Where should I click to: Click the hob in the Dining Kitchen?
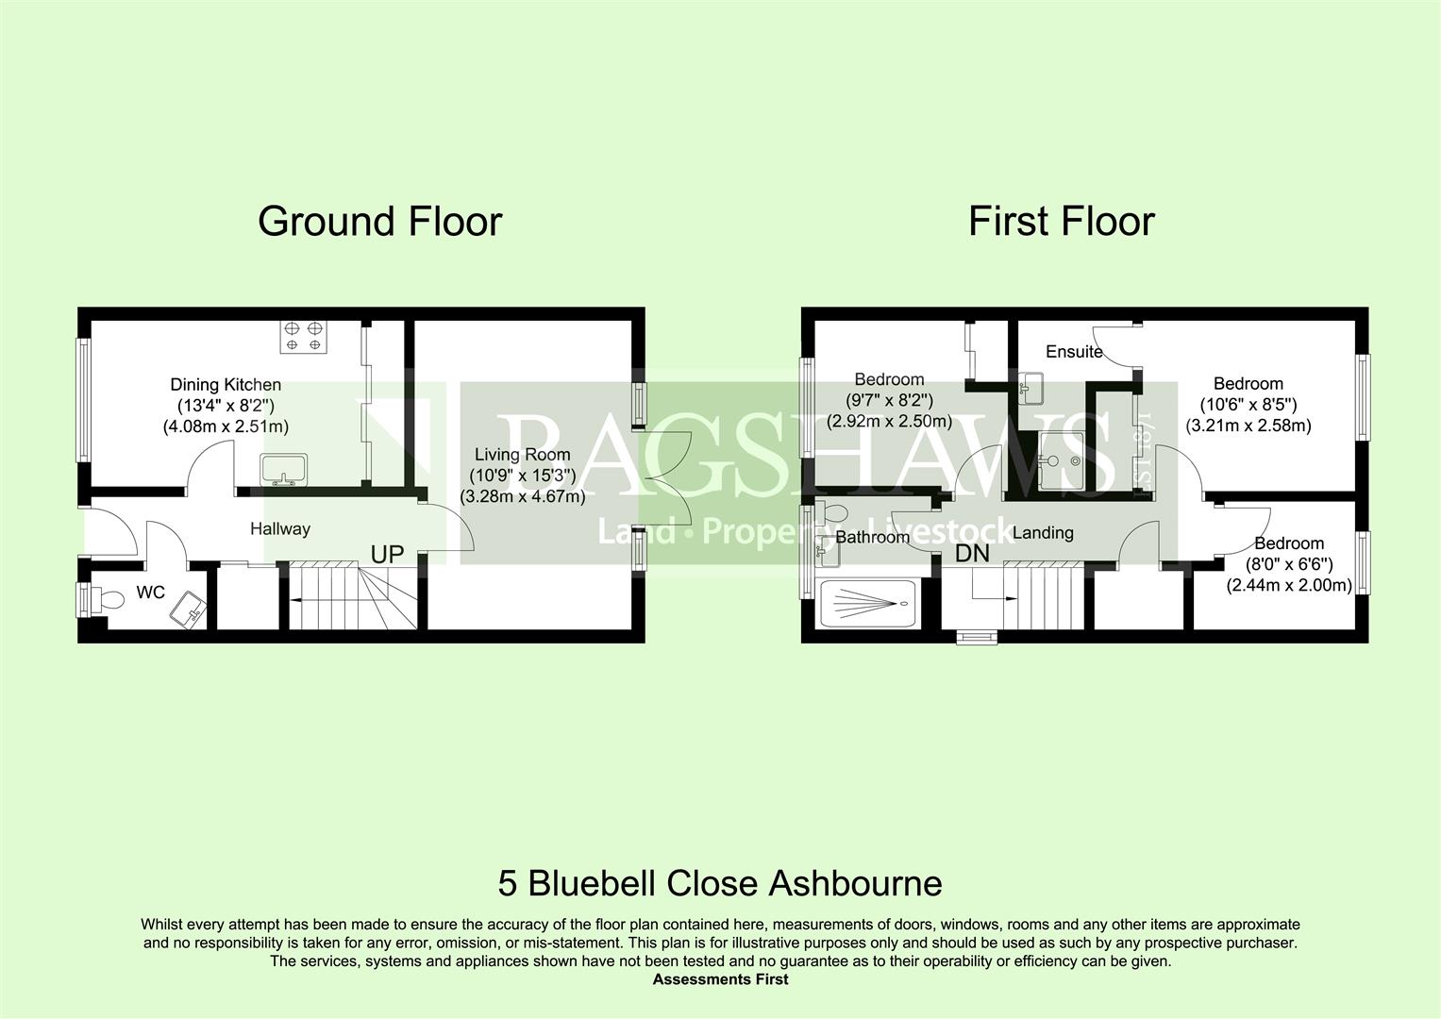(303, 337)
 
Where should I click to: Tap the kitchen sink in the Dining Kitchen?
(284, 470)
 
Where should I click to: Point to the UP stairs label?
(387, 555)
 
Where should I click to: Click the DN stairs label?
(972, 553)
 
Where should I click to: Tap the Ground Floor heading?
(379, 222)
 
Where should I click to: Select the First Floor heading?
(1062, 222)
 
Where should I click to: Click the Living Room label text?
(523, 454)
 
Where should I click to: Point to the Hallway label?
(280, 528)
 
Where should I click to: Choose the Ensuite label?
(1074, 351)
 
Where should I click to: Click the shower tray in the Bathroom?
(870, 604)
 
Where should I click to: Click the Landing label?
(1043, 533)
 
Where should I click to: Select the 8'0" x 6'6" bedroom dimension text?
(1289, 564)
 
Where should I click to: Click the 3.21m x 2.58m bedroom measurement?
(1248, 426)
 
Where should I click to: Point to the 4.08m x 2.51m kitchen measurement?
(226, 426)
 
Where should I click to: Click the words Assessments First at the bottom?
(721, 979)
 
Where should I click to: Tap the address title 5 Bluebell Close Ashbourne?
(720, 883)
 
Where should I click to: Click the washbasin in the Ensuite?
(1031, 388)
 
